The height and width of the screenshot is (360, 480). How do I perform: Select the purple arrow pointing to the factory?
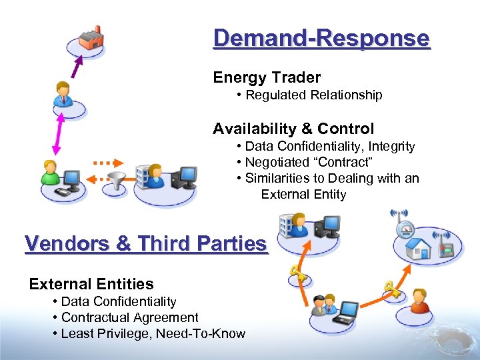point(77,67)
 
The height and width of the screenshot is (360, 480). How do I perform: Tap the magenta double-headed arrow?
point(57,133)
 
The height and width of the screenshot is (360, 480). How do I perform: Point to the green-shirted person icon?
point(49,173)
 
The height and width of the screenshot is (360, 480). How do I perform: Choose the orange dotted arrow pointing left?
point(100,178)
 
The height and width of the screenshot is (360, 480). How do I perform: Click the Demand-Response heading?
point(321,38)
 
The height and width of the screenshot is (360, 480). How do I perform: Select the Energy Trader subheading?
point(267,77)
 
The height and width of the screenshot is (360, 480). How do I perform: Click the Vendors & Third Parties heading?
point(145,244)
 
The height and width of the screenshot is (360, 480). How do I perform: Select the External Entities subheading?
point(91,284)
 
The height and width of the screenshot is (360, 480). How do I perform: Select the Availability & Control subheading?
point(293,129)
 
